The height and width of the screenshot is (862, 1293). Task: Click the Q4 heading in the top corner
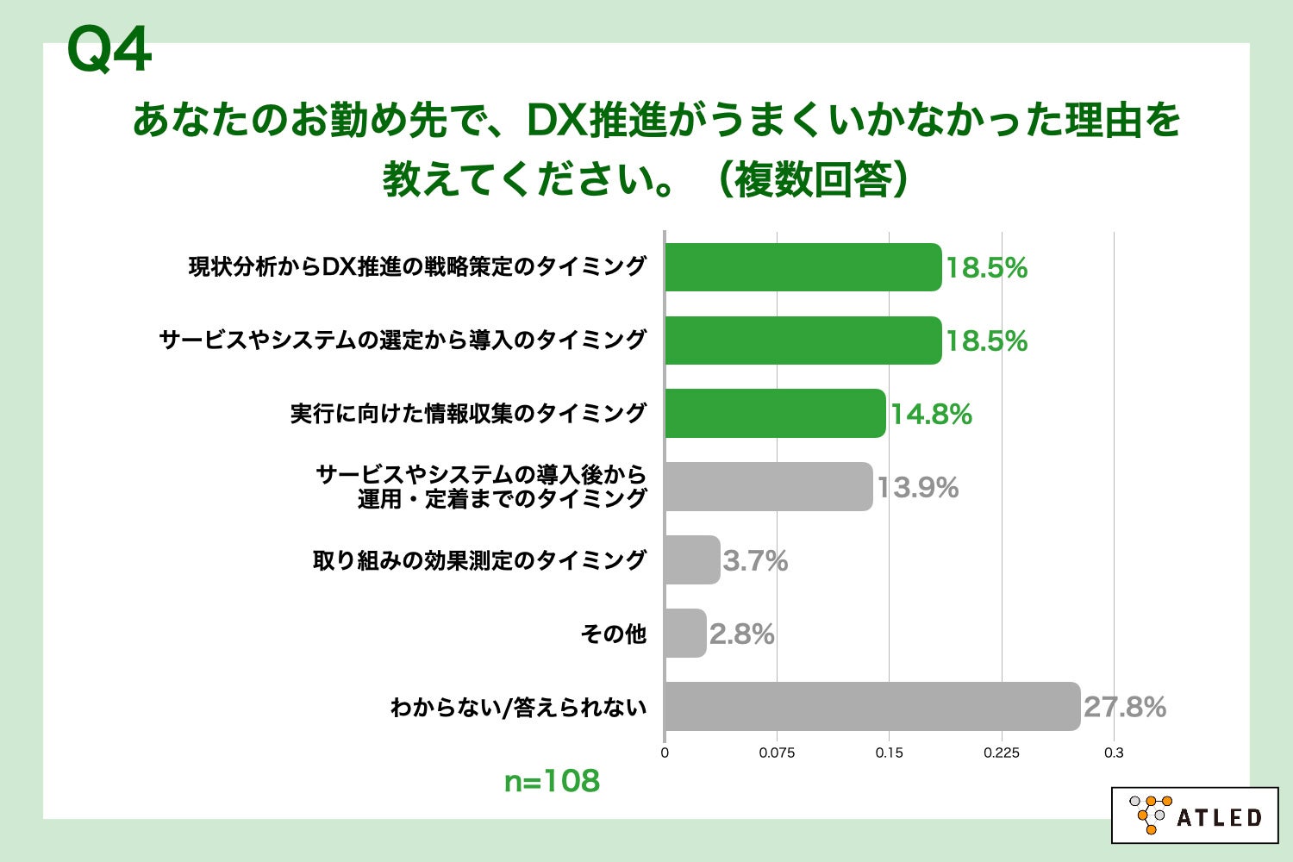coord(109,50)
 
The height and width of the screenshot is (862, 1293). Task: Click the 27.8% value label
coord(1125,708)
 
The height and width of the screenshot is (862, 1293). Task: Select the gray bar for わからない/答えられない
coord(871,707)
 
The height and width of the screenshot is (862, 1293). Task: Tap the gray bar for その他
coord(685,634)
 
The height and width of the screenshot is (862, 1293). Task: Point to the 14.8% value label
coord(931,415)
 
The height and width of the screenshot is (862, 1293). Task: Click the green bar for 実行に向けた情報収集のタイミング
coord(775,414)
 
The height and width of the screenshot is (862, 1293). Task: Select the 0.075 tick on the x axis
coord(777,753)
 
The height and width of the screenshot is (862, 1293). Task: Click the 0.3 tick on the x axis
coord(1114,753)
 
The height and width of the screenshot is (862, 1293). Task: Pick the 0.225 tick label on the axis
coord(1002,753)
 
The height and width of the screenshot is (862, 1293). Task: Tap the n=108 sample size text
coord(552,781)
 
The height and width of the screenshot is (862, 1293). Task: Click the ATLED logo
coord(1194,815)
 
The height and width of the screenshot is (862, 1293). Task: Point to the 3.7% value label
coord(755,561)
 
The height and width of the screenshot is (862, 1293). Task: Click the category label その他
coord(613,634)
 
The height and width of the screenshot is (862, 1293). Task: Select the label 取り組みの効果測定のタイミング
coord(479,560)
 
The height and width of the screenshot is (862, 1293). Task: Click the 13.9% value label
coord(918,488)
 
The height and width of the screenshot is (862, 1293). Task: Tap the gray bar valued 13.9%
coord(768,487)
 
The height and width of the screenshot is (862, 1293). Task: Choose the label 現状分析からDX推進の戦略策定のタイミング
coord(417,267)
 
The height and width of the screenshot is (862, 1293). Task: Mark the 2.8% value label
coord(741,634)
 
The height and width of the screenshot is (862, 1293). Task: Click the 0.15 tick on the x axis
coord(889,753)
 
